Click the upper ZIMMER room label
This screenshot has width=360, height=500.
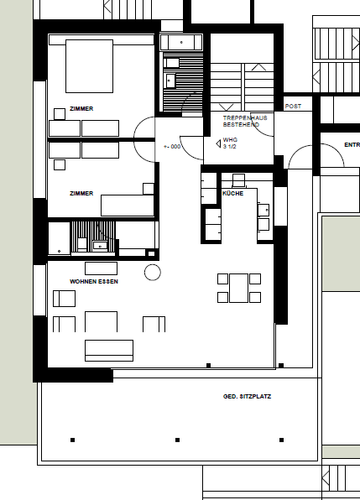81,109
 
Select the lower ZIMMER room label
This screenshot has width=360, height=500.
81,193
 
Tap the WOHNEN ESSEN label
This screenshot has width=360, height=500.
94,282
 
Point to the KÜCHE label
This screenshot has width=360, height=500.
232,194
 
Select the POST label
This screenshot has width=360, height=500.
293,107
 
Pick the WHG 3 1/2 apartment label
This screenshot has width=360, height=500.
231,143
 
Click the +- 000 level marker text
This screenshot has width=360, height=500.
172,146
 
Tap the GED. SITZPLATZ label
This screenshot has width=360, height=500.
247,395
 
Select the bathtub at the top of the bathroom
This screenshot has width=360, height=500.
180,43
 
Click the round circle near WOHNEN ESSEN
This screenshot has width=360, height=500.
153,271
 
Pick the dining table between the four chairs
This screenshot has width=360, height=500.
239,287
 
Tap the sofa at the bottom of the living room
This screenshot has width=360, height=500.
108,349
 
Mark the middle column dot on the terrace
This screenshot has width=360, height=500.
177,440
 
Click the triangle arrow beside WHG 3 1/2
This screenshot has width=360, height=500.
218,143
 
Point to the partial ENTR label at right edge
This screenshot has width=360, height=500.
352,145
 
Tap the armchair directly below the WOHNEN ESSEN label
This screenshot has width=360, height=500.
64,298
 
